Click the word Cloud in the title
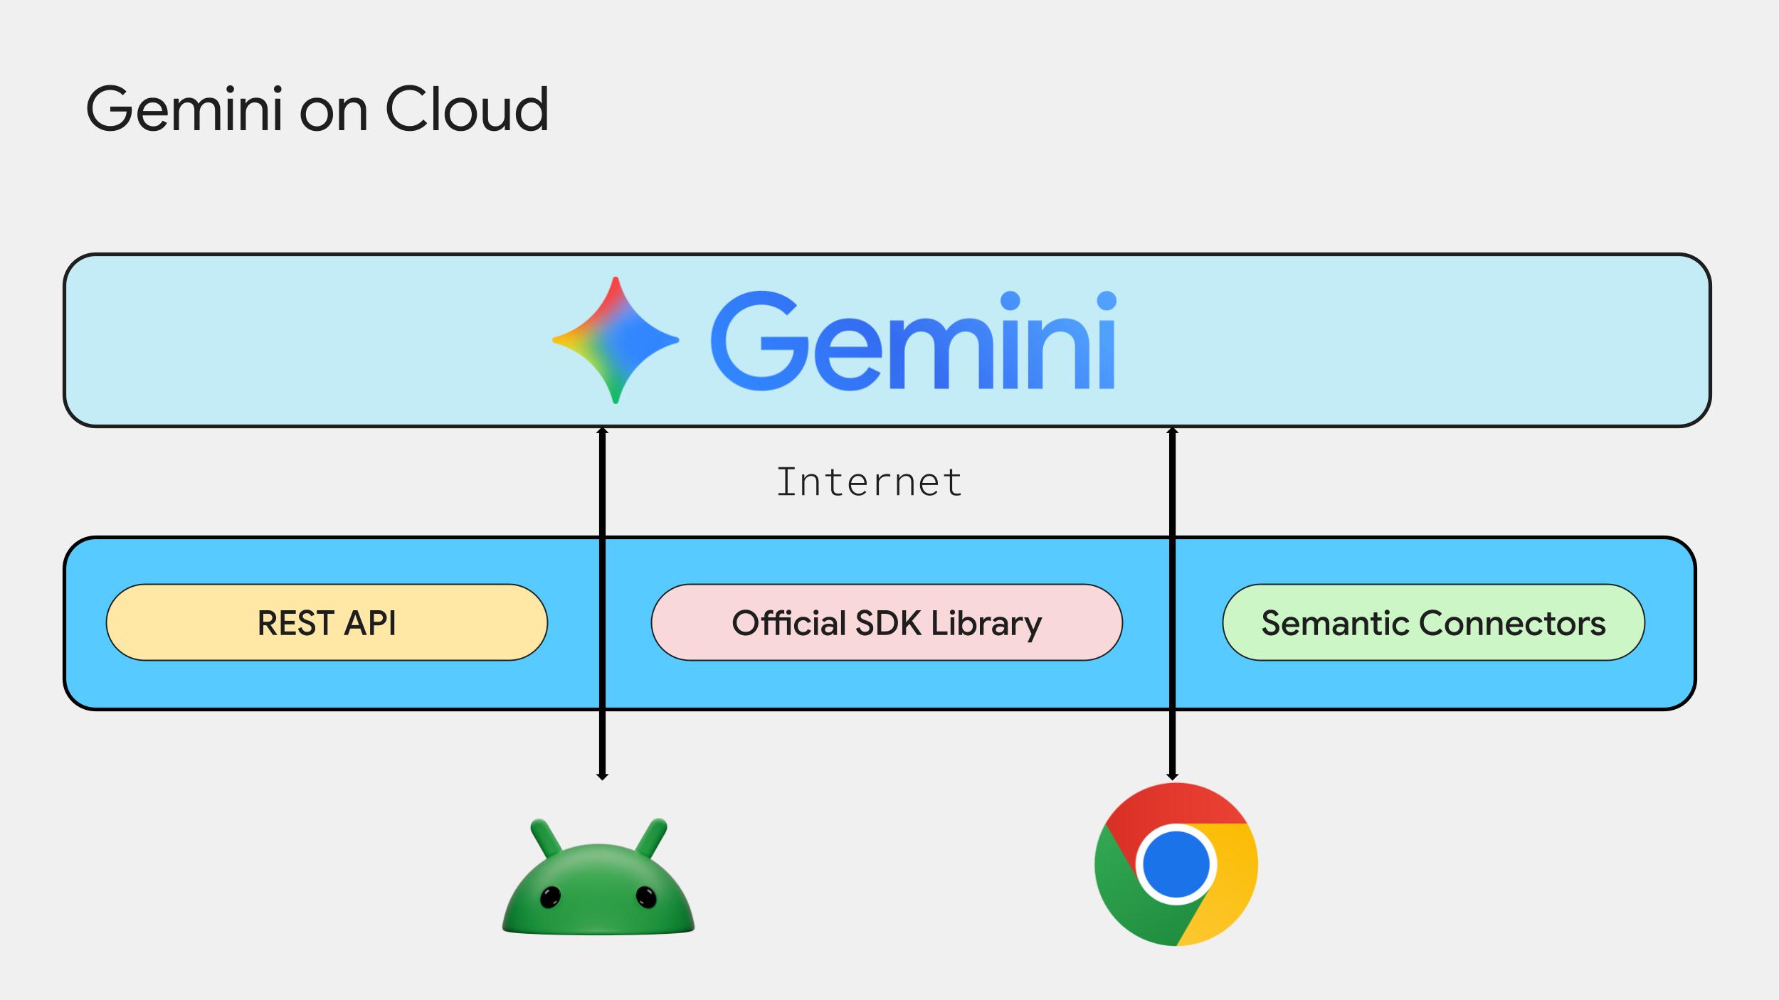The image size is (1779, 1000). tap(467, 110)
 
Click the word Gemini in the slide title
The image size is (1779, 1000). tap(184, 110)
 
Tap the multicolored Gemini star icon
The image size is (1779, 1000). tap(616, 341)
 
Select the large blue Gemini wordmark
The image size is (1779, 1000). tap(913, 341)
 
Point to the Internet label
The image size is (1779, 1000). tap(869, 483)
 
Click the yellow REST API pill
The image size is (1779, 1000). tap(327, 622)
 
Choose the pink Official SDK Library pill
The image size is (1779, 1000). tap(887, 622)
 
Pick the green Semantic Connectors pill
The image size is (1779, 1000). tap(1433, 622)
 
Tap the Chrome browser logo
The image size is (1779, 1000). tap(1176, 864)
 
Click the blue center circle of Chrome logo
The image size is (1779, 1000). tap(1176, 864)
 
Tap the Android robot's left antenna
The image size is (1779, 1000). tap(545, 838)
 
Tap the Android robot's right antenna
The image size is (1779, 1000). tap(652, 838)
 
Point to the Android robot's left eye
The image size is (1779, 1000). tap(550, 898)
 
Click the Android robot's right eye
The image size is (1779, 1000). tap(646, 898)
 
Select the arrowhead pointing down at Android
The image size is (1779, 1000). tap(602, 776)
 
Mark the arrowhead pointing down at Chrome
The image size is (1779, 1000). tap(1173, 776)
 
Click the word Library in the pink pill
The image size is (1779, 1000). tap(986, 624)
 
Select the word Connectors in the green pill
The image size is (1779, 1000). tap(1512, 623)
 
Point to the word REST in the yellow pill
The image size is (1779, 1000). tap(295, 623)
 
